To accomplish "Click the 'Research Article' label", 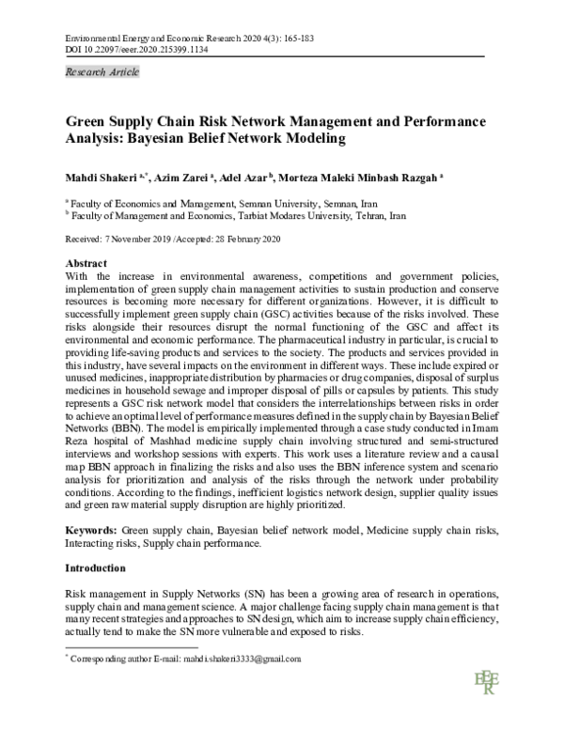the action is point(101,72).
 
